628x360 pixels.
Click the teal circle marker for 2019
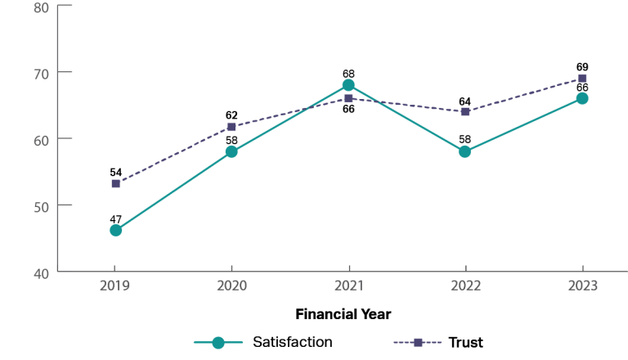[115, 230]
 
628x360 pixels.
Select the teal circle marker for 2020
[231, 151]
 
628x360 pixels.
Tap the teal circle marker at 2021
[348, 85]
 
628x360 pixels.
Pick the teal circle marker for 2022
[464, 151]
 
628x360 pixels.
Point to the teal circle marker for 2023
[582, 98]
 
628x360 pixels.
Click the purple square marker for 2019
[115, 183]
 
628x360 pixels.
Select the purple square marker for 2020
[231, 127]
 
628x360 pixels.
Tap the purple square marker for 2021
[348, 98]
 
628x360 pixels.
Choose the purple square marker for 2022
[464, 111]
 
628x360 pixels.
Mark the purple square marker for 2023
[582, 79]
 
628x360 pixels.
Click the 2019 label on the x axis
[115, 286]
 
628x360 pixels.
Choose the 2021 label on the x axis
[348, 286]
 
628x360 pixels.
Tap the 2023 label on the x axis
[582, 286]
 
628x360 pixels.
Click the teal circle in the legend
[218, 343]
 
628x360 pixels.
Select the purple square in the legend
[418, 343]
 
